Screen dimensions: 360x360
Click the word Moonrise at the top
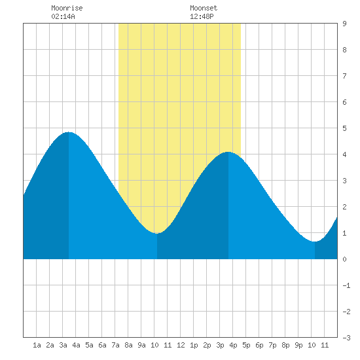(x=67, y=8)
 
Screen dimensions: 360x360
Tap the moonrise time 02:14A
(x=63, y=16)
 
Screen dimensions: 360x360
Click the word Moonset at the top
(x=204, y=8)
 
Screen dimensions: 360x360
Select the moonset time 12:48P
(x=202, y=16)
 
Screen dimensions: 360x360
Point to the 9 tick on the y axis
(x=344, y=24)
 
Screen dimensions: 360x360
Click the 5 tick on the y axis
(x=344, y=128)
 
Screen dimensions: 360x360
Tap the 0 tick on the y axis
(x=344, y=259)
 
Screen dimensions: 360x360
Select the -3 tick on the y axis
(x=346, y=338)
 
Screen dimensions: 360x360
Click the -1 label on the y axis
(x=346, y=285)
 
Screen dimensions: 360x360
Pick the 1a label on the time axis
(x=37, y=345)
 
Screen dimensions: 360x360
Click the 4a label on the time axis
(x=76, y=345)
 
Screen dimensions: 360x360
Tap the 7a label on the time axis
(x=115, y=345)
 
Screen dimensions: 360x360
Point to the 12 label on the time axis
(x=181, y=345)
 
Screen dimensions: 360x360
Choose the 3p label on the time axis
(x=220, y=345)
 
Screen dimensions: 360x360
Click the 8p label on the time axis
(x=285, y=345)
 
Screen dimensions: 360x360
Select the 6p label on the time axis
(x=259, y=345)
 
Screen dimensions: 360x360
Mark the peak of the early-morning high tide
(x=69, y=132)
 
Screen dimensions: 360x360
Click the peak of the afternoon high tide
(x=228, y=152)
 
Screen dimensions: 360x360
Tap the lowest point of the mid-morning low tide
(x=157, y=233)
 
